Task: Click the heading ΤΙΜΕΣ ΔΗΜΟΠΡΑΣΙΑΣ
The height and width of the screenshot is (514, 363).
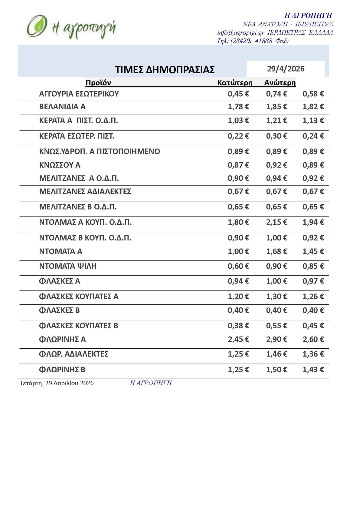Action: (x=165, y=70)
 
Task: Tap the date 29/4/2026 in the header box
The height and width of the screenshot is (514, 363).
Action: (x=286, y=69)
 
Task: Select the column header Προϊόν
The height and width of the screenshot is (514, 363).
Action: (x=98, y=83)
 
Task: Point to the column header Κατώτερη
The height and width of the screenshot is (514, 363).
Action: (x=235, y=83)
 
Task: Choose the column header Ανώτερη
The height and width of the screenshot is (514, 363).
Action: (x=280, y=83)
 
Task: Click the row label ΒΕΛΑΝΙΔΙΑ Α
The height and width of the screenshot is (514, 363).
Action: (x=62, y=107)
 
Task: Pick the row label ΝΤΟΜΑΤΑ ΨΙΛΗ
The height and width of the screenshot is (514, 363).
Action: (x=68, y=266)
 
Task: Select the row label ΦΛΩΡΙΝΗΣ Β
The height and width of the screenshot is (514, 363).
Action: (x=62, y=370)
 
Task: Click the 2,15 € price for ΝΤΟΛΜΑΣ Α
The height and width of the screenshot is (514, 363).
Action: (x=276, y=222)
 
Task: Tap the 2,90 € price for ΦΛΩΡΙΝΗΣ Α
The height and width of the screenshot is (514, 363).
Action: (x=276, y=339)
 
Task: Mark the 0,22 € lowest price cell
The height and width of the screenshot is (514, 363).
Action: (x=238, y=136)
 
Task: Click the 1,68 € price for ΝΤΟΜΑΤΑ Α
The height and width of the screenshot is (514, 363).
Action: (x=276, y=251)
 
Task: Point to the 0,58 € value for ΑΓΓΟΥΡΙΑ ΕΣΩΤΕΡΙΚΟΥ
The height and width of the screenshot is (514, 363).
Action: (x=313, y=94)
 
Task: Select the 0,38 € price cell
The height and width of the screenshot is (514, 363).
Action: (x=238, y=326)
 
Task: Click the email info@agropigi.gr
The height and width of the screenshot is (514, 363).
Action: (x=240, y=33)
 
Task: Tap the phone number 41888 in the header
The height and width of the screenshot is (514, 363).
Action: (x=263, y=41)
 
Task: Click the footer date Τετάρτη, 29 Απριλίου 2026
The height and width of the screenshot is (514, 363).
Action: (x=57, y=383)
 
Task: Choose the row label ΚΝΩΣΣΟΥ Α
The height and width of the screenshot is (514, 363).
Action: (x=60, y=165)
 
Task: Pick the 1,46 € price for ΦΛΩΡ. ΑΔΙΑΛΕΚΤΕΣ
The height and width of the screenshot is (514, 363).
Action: (x=276, y=354)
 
